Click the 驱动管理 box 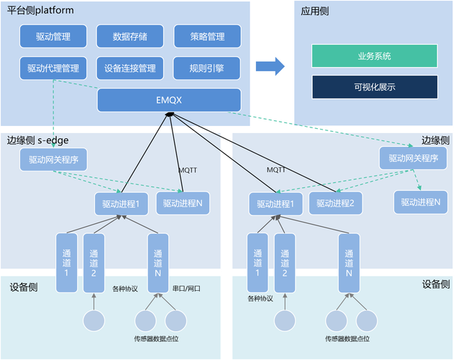[x=53, y=36]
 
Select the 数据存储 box [x=129, y=36]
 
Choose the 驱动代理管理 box [x=53, y=68]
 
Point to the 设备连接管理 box [x=129, y=68]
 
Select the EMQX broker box [x=169, y=100]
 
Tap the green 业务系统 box [x=374, y=55]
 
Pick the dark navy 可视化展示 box [x=374, y=87]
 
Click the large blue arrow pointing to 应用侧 [x=271, y=66]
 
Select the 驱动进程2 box [x=336, y=204]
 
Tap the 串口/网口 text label [x=186, y=288]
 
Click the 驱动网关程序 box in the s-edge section [x=53, y=158]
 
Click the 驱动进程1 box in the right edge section [x=275, y=204]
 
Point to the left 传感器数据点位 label [x=158, y=338]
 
